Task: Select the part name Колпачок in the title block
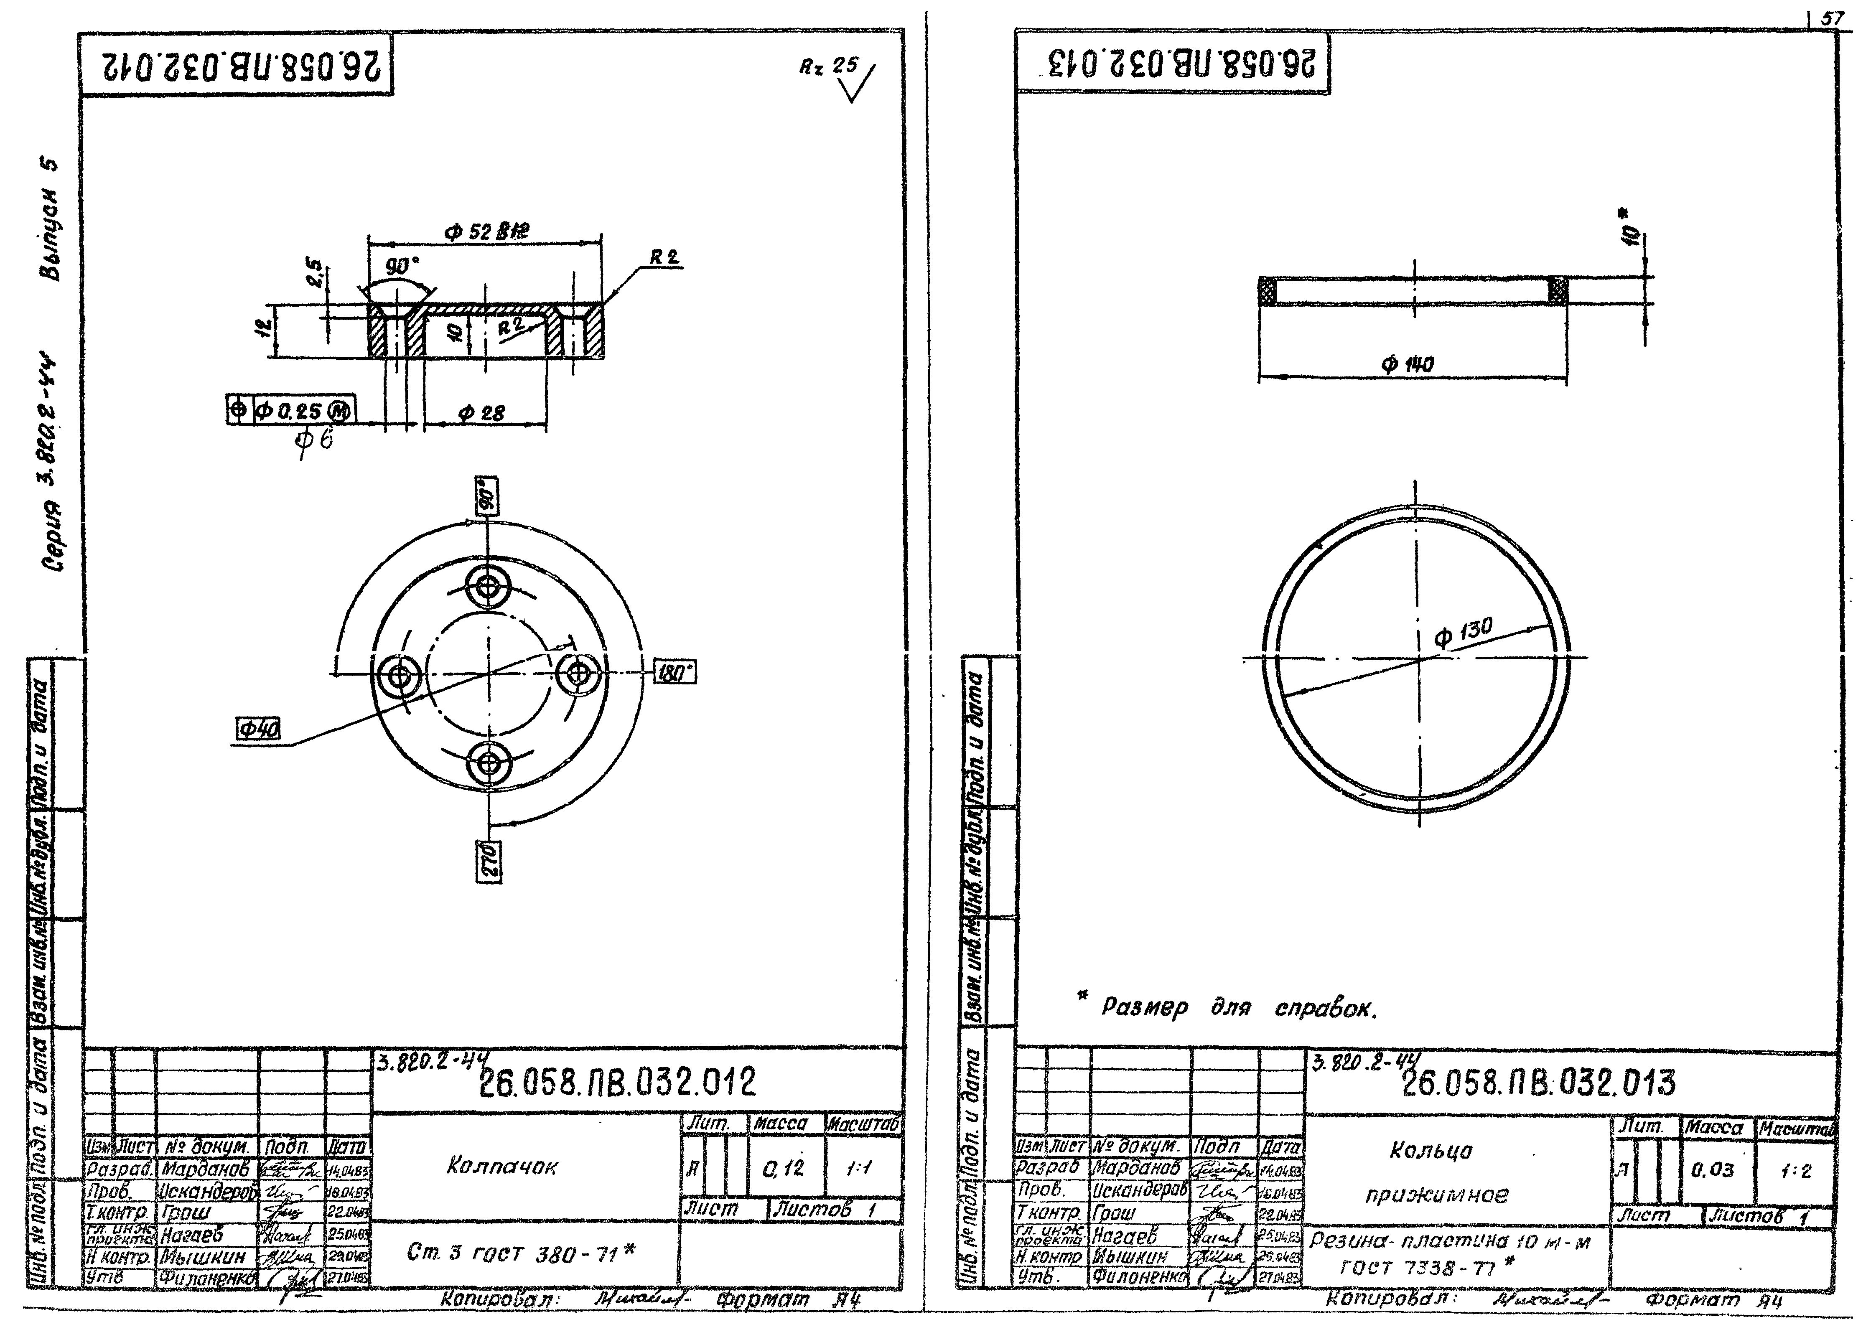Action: point(501,1166)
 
